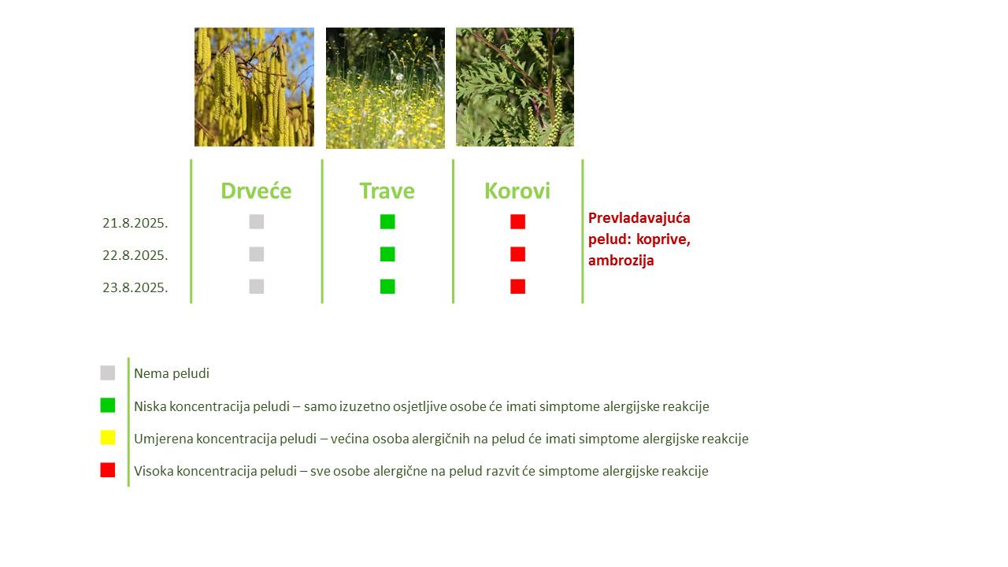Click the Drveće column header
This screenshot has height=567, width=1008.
[x=256, y=191]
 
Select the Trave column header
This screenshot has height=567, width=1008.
[x=387, y=191]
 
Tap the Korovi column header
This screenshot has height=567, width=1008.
[x=517, y=191]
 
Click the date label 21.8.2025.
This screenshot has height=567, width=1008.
[x=135, y=223]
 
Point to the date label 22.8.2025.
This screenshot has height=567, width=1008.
[x=135, y=255]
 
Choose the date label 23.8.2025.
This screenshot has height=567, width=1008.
[x=135, y=287]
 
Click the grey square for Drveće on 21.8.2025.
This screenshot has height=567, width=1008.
[x=257, y=222]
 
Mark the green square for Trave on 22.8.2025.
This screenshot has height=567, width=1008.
[x=387, y=254]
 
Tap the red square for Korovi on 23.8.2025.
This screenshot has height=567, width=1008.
[x=518, y=287]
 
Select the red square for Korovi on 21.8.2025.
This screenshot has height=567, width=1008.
[x=518, y=222]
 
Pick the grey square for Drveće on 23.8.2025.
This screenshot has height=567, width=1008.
[x=257, y=287]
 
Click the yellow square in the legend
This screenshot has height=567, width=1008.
[x=108, y=437]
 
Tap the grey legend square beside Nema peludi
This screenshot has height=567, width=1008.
[x=108, y=373]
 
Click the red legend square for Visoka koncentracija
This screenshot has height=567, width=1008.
[x=108, y=470]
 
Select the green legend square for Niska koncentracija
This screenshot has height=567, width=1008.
[x=108, y=406]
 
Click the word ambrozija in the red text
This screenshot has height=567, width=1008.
[x=621, y=261]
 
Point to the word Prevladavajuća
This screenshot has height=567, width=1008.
[x=639, y=218]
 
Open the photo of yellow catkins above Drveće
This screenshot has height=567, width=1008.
[x=254, y=87]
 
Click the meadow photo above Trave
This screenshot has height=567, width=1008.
[x=385, y=87]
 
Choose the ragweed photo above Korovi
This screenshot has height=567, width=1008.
[x=515, y=87]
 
